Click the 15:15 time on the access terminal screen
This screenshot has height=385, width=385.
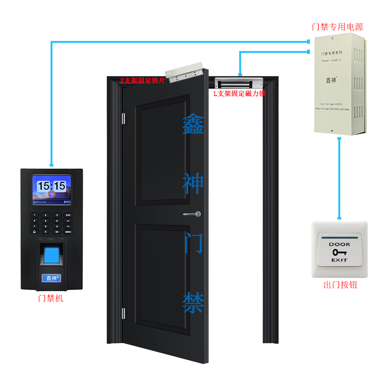(x=52, y=186)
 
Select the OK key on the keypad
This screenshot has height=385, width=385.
(x=57, y=231)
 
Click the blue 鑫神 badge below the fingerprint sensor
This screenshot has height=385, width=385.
(x=51, y=278)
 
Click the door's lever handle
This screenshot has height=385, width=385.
(x=192, y=214)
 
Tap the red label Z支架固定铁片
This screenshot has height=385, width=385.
(x=142, y=80)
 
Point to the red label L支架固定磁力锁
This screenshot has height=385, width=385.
(x=240, y=93)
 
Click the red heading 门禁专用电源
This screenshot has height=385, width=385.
(x=337, y=27)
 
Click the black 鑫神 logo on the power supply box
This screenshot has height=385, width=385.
(x=331, y=80)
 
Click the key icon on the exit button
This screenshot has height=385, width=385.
(x=340, y=252)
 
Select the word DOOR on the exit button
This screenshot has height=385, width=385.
(x=340, y=244)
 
